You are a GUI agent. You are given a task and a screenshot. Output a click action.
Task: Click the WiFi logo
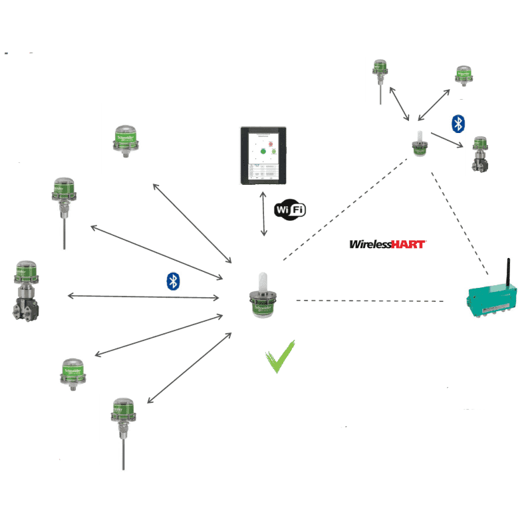tap(291, 210)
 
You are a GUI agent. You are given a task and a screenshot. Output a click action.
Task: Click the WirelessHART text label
tap(388, 244)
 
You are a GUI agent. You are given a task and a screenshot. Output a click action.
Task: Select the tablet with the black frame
tap(264, 157)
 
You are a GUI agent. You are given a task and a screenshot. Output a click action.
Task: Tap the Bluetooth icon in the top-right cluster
tap(458, 123)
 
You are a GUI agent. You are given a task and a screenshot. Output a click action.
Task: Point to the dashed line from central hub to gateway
tap(369, 301)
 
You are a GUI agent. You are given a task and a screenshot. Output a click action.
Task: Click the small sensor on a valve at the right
tap(479, 154)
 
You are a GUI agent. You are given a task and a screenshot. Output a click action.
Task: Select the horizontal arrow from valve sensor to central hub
tap(144, 295)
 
